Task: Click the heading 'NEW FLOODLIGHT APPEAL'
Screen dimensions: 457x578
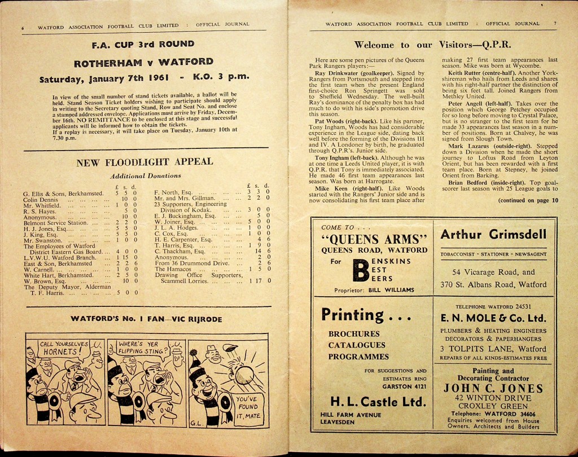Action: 144,162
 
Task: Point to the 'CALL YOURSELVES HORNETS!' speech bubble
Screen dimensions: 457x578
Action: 63,348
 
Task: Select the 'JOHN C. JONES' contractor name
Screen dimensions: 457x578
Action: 493,388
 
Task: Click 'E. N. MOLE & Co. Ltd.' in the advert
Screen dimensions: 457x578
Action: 493,318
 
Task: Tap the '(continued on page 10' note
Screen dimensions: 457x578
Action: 528,200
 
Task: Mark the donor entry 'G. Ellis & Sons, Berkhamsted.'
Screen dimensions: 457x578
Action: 63,193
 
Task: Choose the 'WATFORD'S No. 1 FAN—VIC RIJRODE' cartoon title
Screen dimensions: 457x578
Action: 146,319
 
